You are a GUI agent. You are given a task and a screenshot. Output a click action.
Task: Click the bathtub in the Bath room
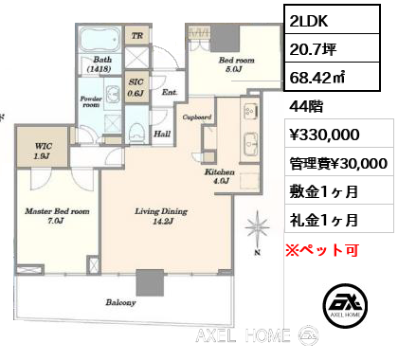99,40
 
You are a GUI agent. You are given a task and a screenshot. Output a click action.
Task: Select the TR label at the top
137,36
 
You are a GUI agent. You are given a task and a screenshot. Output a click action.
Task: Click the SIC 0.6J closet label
136,87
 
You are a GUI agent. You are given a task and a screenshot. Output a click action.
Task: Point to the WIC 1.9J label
44,151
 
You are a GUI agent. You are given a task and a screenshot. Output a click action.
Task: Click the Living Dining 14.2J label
161,216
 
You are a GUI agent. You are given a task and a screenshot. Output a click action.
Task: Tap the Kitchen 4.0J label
220,176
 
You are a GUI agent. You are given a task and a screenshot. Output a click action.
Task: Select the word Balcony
120,302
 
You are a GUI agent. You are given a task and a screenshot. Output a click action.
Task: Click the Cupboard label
197,117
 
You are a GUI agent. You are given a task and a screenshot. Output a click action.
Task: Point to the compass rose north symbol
258,228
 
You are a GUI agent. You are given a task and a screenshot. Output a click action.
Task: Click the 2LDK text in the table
309,21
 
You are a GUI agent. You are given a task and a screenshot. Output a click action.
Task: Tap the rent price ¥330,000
324,135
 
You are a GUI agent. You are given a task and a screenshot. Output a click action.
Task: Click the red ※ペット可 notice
322,250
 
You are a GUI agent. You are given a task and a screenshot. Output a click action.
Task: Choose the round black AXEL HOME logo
346,305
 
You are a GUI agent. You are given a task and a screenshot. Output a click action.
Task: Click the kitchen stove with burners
251,111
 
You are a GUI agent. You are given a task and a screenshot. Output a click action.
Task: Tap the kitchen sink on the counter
251,144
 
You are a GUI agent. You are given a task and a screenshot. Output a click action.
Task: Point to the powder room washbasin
112,94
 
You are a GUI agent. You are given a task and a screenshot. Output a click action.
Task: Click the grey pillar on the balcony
150,282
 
